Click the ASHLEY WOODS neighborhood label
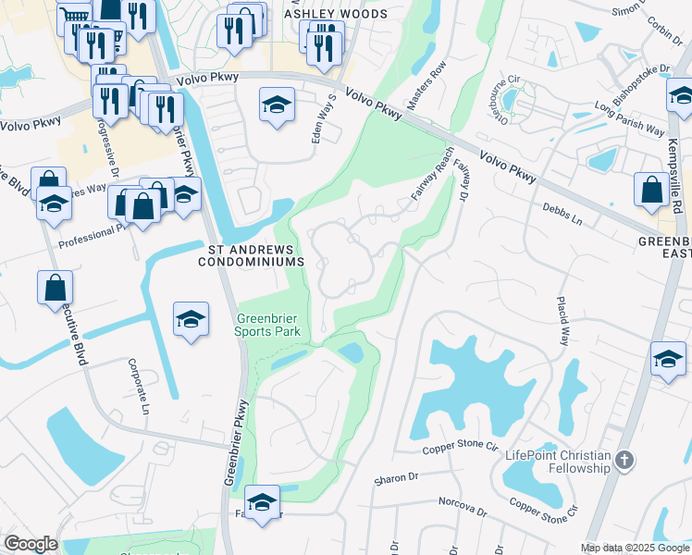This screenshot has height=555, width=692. click(x=336, y=15)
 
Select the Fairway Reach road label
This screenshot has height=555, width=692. click(x=432, y=175)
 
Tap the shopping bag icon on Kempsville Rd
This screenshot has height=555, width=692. click(x=651, y=189)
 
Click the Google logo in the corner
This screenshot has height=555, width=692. click(x=31, y=543)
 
